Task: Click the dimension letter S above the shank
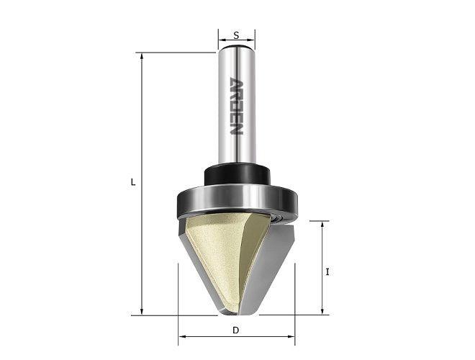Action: [236, 35]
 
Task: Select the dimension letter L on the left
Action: [133, 182]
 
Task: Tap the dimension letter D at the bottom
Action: [236, 330]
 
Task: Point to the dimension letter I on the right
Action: [327, 272]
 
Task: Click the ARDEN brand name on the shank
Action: [236, 106]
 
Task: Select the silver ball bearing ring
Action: [237, 202]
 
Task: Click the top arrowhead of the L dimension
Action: [142, 55]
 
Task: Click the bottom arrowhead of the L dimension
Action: [142, 312]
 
